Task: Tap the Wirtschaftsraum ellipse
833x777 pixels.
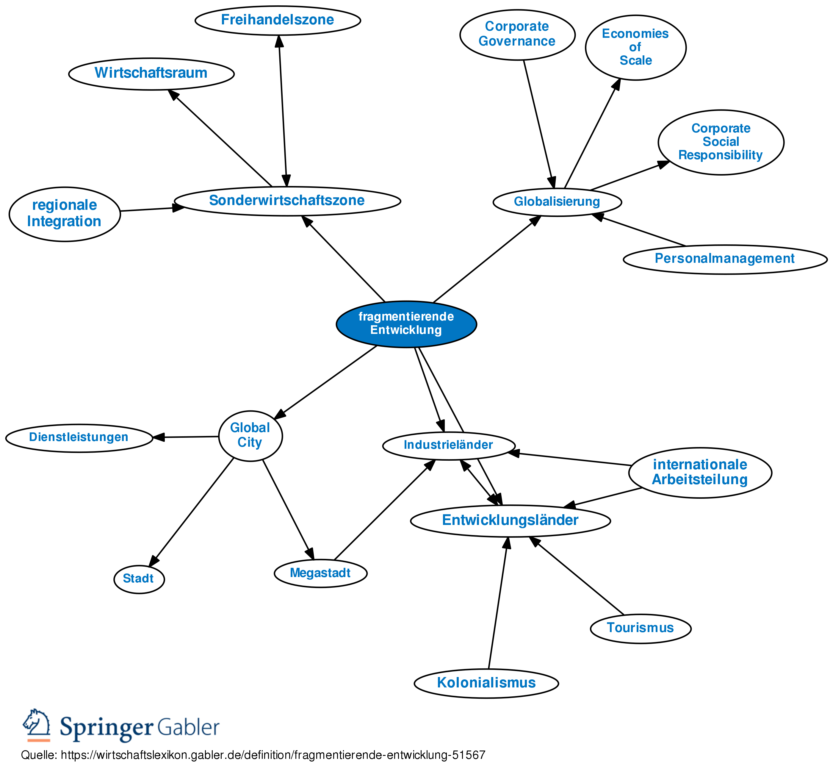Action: [151, 73]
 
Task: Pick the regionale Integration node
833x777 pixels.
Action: [65, 214]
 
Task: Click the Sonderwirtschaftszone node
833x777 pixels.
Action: [287, 201]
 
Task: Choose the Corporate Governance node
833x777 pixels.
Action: [517, 34]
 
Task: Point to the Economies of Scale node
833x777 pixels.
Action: [635, 47]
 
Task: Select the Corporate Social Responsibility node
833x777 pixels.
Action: [721, 142]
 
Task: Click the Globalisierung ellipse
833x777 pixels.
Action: [557, 202]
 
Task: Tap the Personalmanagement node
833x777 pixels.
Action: [725, 259]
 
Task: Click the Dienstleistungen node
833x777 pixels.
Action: [79, 437]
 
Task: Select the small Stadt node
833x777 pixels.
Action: [139, 579]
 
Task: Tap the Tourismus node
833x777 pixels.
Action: [640, 628]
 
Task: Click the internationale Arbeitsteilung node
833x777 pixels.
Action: [700, 472]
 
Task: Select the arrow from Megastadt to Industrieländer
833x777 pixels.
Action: [383, 510]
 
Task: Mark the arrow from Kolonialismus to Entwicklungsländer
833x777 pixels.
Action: [498, 604]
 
